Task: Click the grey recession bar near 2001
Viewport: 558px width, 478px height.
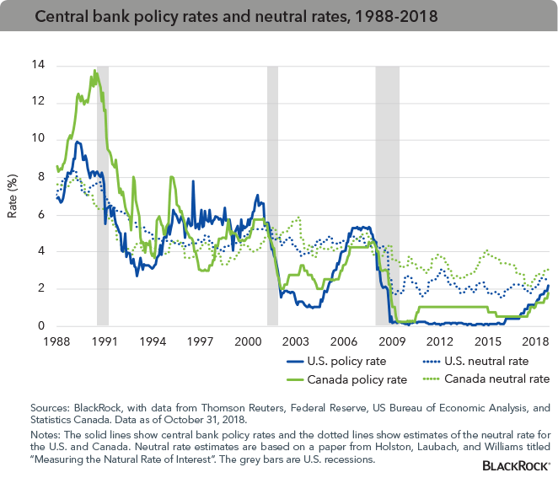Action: pos(272,194)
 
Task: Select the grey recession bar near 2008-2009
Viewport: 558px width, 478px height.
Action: pos(387,194)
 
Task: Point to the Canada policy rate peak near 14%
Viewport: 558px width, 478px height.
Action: pos(95,71)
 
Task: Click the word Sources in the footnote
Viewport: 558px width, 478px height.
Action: pos(47,407)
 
